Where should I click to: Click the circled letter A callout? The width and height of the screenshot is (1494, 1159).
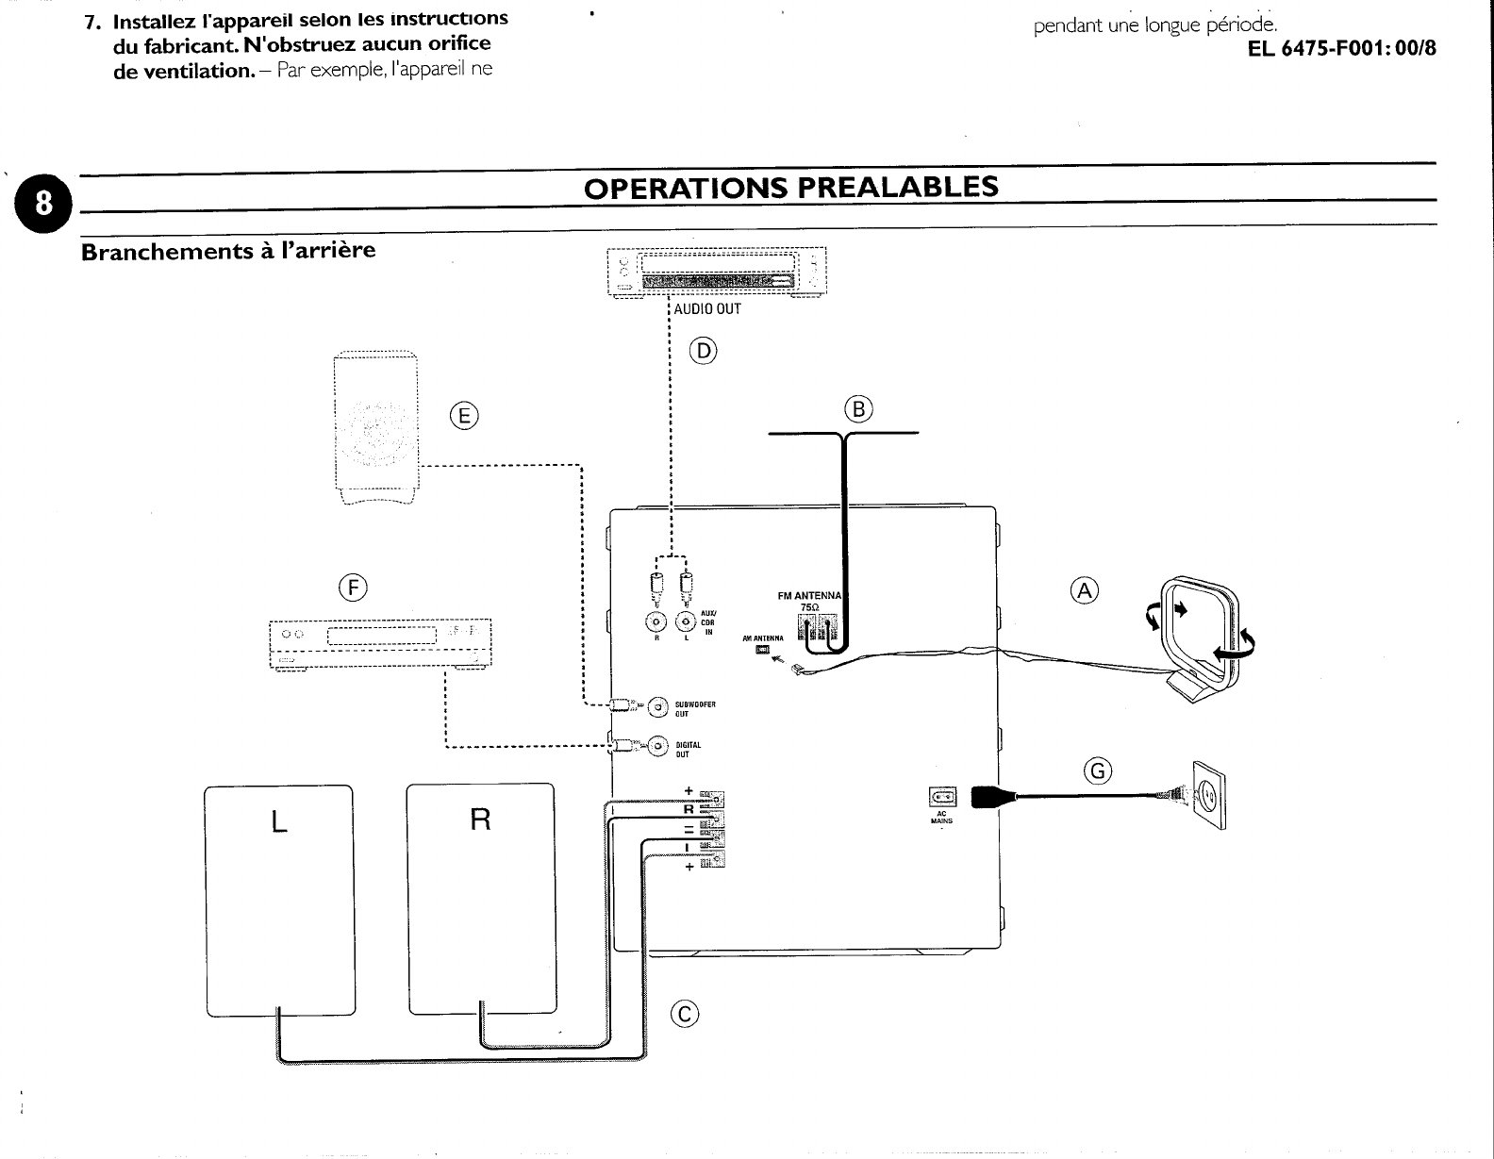1086,590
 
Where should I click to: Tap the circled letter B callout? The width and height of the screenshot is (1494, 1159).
859,409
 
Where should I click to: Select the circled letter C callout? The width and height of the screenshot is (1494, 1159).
684,1014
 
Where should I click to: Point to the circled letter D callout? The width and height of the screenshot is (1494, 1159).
704,352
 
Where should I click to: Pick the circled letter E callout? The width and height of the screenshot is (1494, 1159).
464,415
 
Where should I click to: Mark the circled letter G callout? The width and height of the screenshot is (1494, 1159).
1098,771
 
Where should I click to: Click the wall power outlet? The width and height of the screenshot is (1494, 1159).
1208,796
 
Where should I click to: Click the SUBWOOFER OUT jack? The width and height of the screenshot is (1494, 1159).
657,705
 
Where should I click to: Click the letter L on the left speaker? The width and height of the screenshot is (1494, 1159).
278,822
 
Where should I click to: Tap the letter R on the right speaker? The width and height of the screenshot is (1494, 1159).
480,820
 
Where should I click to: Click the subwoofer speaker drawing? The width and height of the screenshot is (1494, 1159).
376,430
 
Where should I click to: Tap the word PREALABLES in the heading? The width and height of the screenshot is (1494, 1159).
897,187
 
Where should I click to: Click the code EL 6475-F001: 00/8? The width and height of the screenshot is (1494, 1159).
1341,48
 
